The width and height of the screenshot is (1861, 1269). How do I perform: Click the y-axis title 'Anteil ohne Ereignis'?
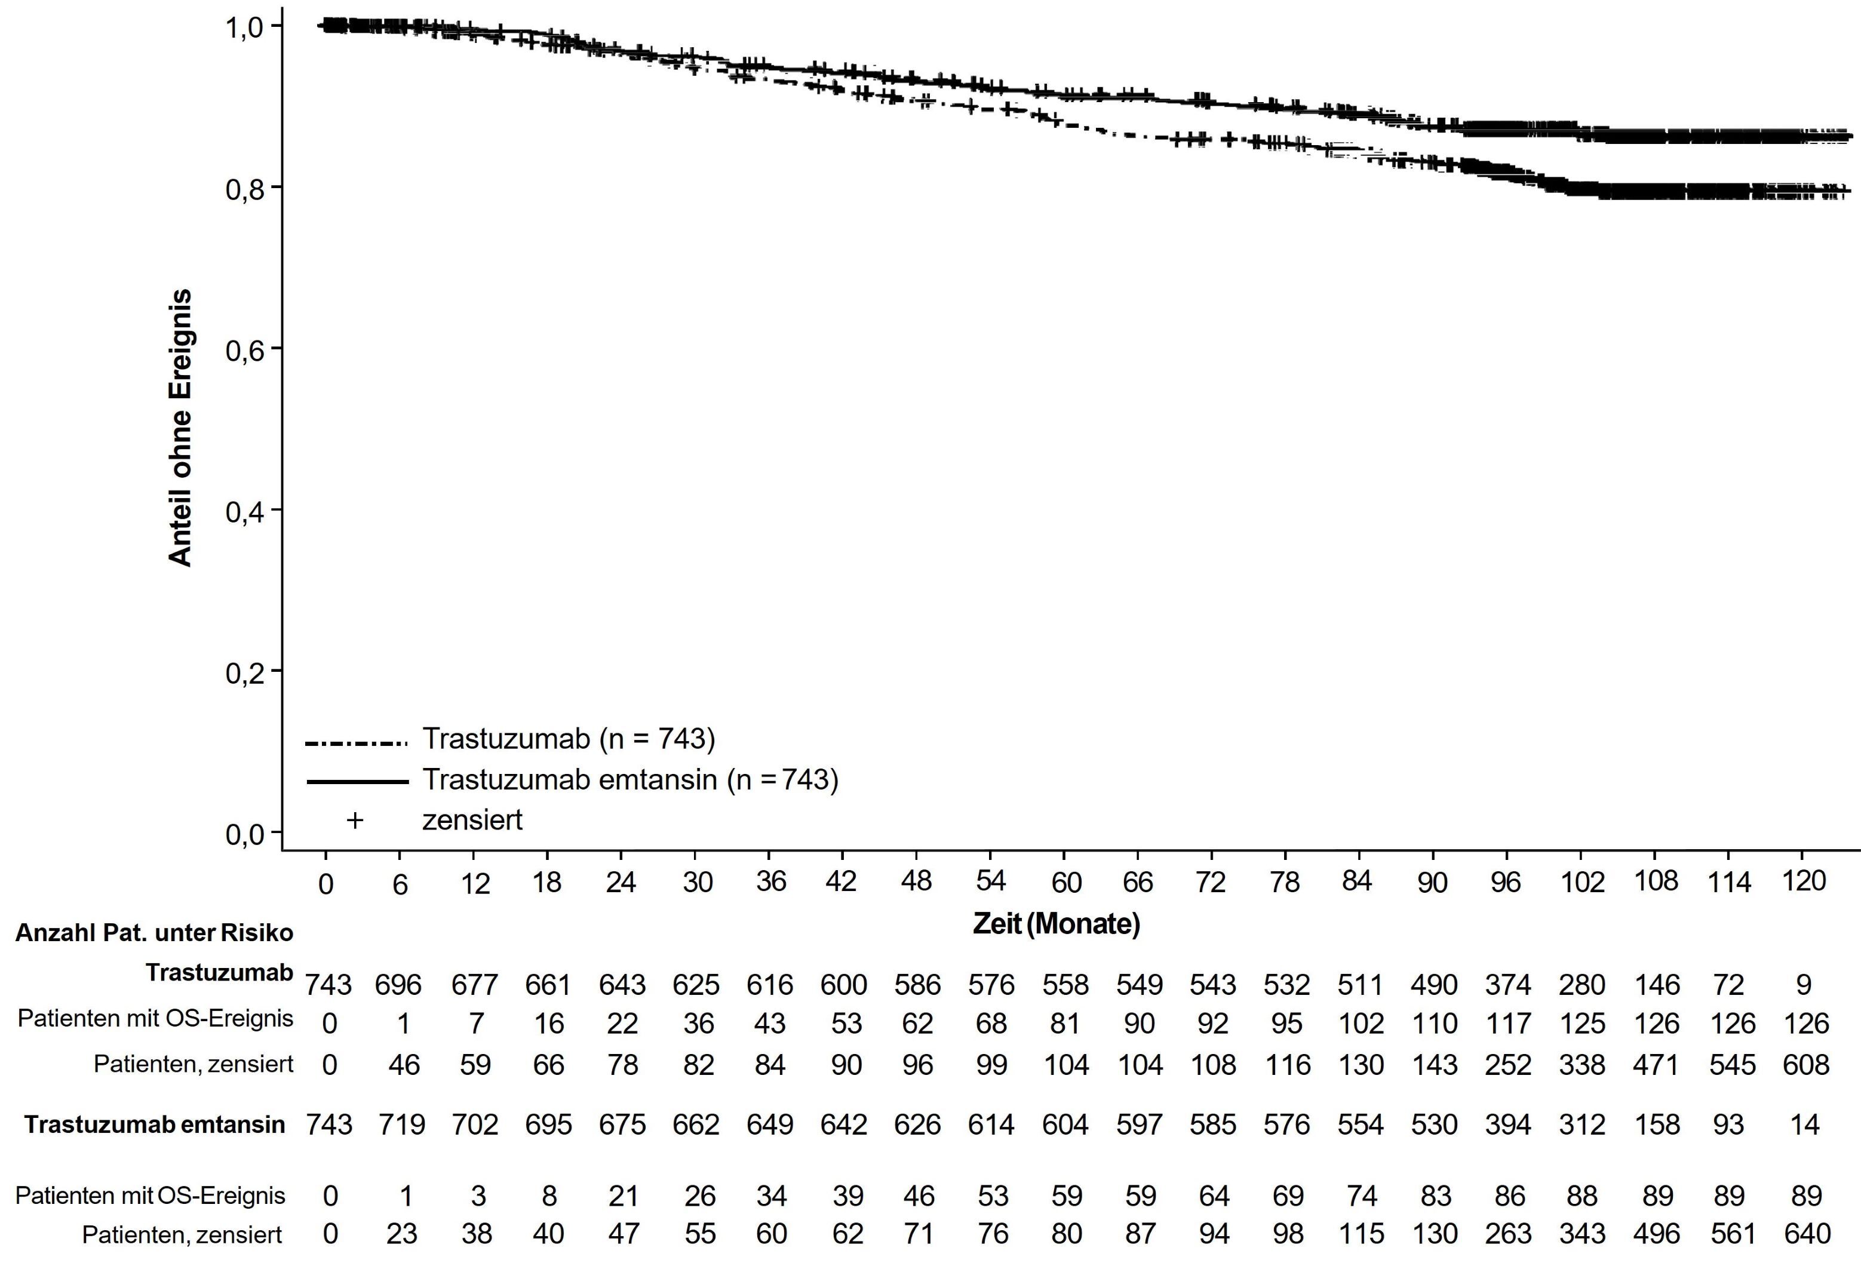(181, 428)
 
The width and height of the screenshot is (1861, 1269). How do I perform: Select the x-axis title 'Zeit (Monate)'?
(1055, 924)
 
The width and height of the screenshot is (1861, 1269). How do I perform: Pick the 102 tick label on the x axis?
(1582, 882)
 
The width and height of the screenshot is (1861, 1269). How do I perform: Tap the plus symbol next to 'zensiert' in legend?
(354, 820)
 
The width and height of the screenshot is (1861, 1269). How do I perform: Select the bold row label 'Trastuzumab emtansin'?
(155, 1124)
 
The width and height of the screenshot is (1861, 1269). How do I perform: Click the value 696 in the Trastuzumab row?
(398, 984)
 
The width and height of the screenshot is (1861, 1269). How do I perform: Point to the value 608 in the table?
(1805, 1065)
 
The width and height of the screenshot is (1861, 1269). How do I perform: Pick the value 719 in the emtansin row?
(401, 1124)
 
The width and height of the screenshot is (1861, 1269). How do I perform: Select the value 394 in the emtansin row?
(1508, 1124)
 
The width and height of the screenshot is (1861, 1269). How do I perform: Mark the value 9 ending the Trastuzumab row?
(1803, 984)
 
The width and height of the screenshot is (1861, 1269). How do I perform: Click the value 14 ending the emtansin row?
(1804, 1124)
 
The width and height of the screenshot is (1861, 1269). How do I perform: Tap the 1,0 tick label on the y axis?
(245, 28)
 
